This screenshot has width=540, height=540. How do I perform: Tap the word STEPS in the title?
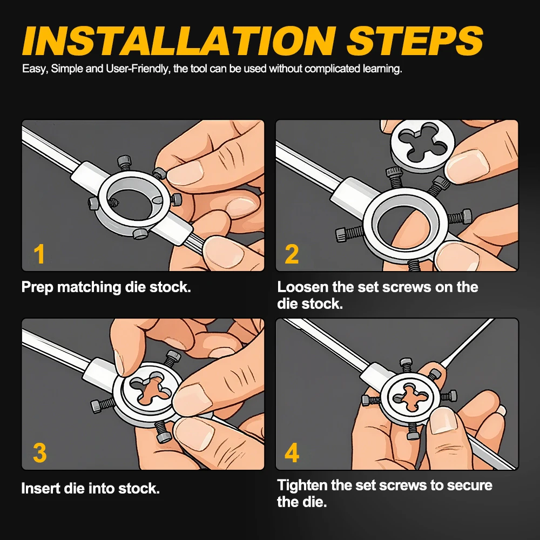pyautogui.click(x=415, y=41)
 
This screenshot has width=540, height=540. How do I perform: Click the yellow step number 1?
pyautogui.click(x=39, y=254)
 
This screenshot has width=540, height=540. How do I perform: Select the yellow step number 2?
pyautogui.click(x=292, y=254)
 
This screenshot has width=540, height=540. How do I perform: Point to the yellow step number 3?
pyautogui.click(x=40, y=453)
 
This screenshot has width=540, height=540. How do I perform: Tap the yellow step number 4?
pyautogui.click(x=292, y=453)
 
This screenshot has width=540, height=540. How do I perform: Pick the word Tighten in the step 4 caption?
pyautogui.click(x=302, y=485)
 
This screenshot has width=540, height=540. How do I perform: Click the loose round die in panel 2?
pyautogui.click(x=422, y=145)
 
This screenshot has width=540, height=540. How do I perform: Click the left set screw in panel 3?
pyautogui.click(x=103, y=405)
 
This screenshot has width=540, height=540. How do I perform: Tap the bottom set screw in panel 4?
pyautogui.click(x=413, y=431)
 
